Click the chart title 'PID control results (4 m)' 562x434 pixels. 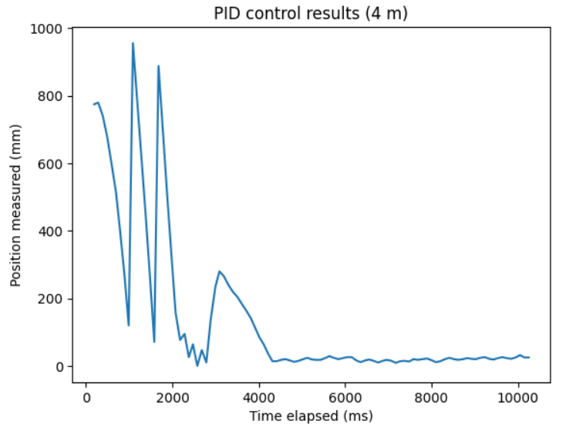(311, 13)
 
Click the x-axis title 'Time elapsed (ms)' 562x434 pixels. (311, 416)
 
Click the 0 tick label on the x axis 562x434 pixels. (86, 397)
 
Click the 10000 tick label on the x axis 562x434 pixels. (518, 397)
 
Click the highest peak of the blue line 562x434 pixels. (133, 44)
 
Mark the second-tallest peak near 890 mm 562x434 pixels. (158, 66)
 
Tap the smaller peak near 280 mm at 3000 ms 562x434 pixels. (219, 271)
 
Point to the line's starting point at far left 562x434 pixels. (93, 105)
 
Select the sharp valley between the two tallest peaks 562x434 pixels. (154, 342)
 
